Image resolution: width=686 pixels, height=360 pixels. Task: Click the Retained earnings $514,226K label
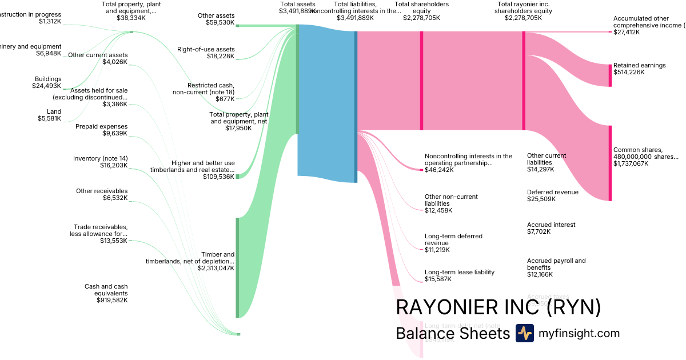(639, 69)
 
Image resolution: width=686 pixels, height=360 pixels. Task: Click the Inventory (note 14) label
(101, 162)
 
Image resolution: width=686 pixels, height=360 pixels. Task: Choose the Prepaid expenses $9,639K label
(102, 130)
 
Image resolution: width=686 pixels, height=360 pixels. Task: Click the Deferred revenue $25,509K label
(552, 195)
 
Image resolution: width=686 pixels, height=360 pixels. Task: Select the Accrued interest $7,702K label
(551, 228)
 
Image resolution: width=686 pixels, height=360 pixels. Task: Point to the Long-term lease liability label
(459, 275)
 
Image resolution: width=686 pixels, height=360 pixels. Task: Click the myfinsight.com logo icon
(524, 333)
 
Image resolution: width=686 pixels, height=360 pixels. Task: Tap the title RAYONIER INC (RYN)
(498, 307)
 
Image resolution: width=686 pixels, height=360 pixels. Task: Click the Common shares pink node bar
(610, 163)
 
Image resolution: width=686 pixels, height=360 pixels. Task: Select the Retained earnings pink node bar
(610, 75)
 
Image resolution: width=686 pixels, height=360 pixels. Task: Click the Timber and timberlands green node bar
(237, 267)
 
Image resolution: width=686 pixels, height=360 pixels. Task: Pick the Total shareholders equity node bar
(421, 81)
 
